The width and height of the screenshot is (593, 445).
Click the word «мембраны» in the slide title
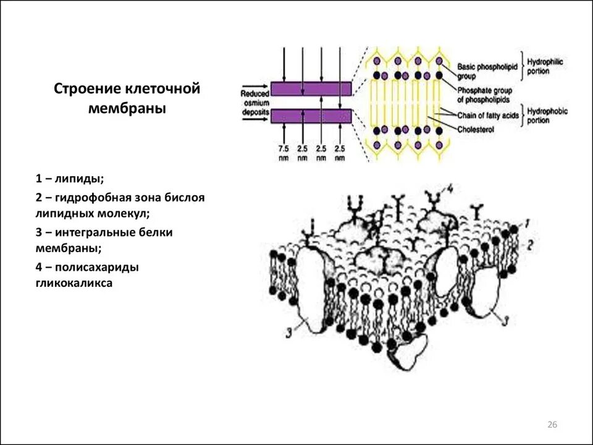pos(127,109)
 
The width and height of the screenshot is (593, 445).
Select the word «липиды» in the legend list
pos(79,179)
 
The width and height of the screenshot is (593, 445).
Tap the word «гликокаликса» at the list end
pos(74,284)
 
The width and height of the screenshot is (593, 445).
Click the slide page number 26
pos(552,424)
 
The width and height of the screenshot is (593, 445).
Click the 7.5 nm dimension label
pos(284,153)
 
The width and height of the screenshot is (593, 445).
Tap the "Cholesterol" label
pos(477,130)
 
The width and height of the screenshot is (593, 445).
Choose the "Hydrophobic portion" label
pos(546,116)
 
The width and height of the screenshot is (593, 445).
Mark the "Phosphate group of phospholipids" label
pos(485,95)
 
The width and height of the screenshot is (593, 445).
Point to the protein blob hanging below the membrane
pos(408,355)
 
